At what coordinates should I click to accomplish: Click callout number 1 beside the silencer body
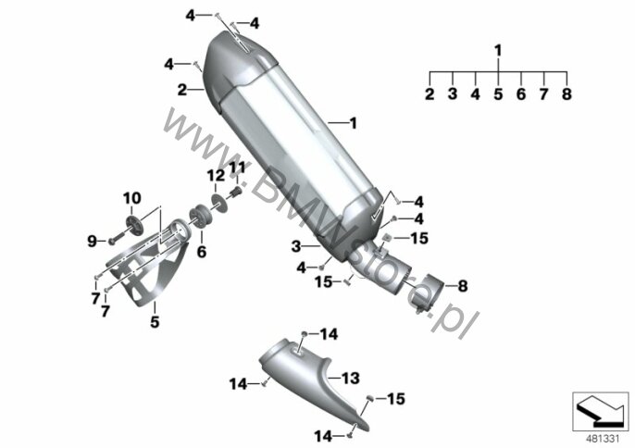coord(351,121)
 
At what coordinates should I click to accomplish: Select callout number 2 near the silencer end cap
coord(182,89)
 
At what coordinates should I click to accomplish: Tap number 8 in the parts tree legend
coord(567,94)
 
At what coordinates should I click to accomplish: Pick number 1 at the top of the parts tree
coord(498,49)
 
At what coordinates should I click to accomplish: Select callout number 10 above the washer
coord(131,197)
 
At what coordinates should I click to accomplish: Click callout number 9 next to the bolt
coord(93,242)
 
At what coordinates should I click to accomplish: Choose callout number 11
coord(236,167)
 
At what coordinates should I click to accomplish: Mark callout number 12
coord(214,175)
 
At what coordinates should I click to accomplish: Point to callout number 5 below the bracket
coord(156,323)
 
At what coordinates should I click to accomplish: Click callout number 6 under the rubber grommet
coord(201,250)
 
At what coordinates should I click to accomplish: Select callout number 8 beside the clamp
coord(463,286)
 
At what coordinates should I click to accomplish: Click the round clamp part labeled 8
coord(431,292)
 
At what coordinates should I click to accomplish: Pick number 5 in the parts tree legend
coord(498,94)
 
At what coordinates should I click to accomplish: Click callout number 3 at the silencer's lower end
coord(295,246)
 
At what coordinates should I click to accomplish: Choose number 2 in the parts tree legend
coord(430,94)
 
